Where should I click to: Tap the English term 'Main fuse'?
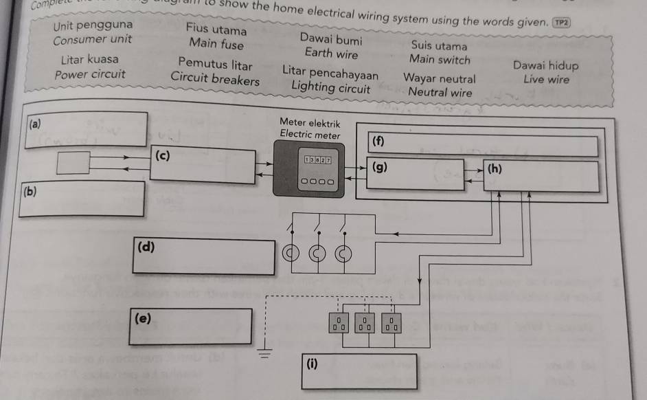point(216,45)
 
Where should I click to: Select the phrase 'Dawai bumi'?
point(332,40)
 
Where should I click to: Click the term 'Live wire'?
point(546,79)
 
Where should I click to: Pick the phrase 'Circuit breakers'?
point(216,80)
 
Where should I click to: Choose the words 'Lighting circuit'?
point(331,87)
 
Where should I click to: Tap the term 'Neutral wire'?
point(440,91)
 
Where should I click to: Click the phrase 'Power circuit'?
point(90,74)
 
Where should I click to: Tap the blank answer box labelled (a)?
point(87,129)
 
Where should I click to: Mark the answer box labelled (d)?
point(204,256)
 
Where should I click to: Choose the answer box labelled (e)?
point(192,326)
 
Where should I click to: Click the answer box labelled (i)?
point(358,371)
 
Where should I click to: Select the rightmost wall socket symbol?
point(391,322)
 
